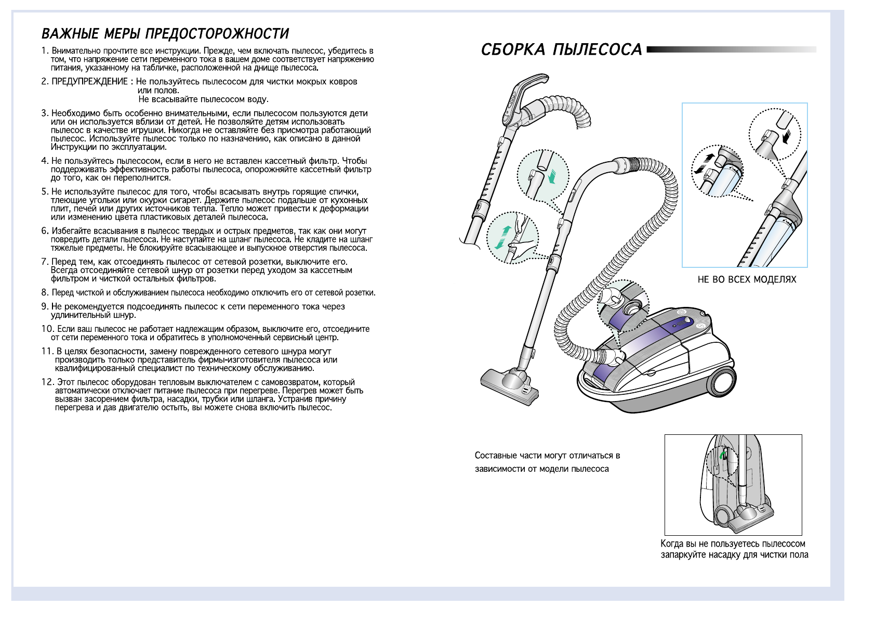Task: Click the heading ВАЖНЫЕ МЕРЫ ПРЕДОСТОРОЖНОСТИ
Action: (x=165, y=34)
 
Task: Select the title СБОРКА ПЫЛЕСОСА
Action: (x=561, y=50)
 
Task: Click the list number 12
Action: (x=47, y=382)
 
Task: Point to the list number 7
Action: (x=45, y=262)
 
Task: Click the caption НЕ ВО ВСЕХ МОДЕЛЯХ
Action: (x=747, y=280)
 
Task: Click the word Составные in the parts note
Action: (x=495, y=456)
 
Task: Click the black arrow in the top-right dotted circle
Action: (x=786, y=137)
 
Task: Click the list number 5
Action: (x=45, y=191)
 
